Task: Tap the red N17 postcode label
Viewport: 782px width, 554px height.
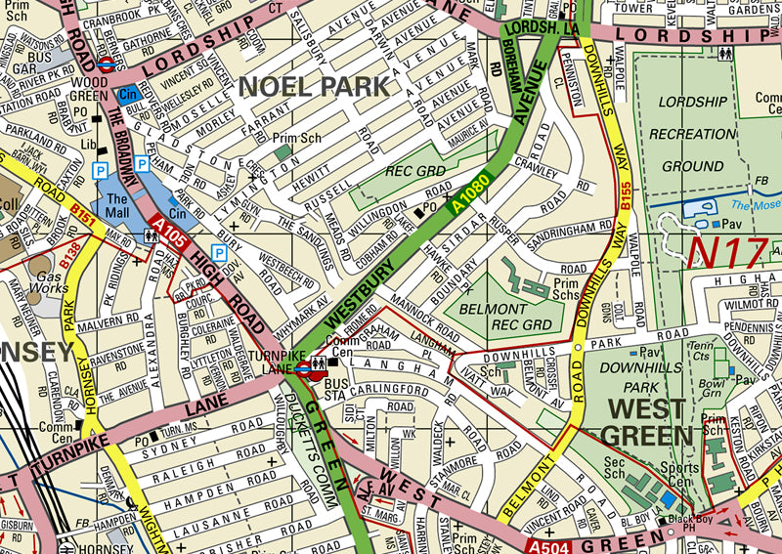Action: pos(726,252)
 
